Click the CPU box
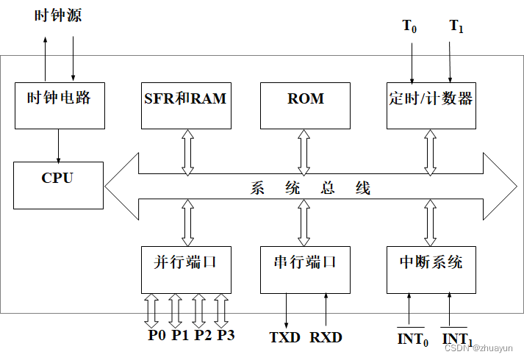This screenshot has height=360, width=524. (x=58, y=185)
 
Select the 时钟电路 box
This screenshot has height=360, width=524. (x=59, y=104)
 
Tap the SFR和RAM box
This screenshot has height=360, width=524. (x=185, y=104)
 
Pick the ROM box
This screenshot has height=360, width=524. (x=305, y=104)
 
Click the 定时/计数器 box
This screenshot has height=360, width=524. (x=431, y=104)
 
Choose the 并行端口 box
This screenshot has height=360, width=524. (x=185, y=269)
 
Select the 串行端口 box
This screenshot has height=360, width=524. (x=305, y=269)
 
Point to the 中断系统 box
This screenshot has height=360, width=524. (x=431, y=269)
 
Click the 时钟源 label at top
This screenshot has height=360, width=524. (x=58, y=17)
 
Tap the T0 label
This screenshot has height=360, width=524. (x=409, y=26)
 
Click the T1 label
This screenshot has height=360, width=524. (x=456, y=26)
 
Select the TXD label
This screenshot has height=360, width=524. (x=285, y=338)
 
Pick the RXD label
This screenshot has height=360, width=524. (x=326, y=338)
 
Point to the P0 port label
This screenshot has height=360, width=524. (x=157, y=336)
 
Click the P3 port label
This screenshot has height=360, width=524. (x=226, y=336)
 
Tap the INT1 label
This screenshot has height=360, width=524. (x=456, y=339)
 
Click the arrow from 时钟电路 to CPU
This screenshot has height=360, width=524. (x=59, y=145)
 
